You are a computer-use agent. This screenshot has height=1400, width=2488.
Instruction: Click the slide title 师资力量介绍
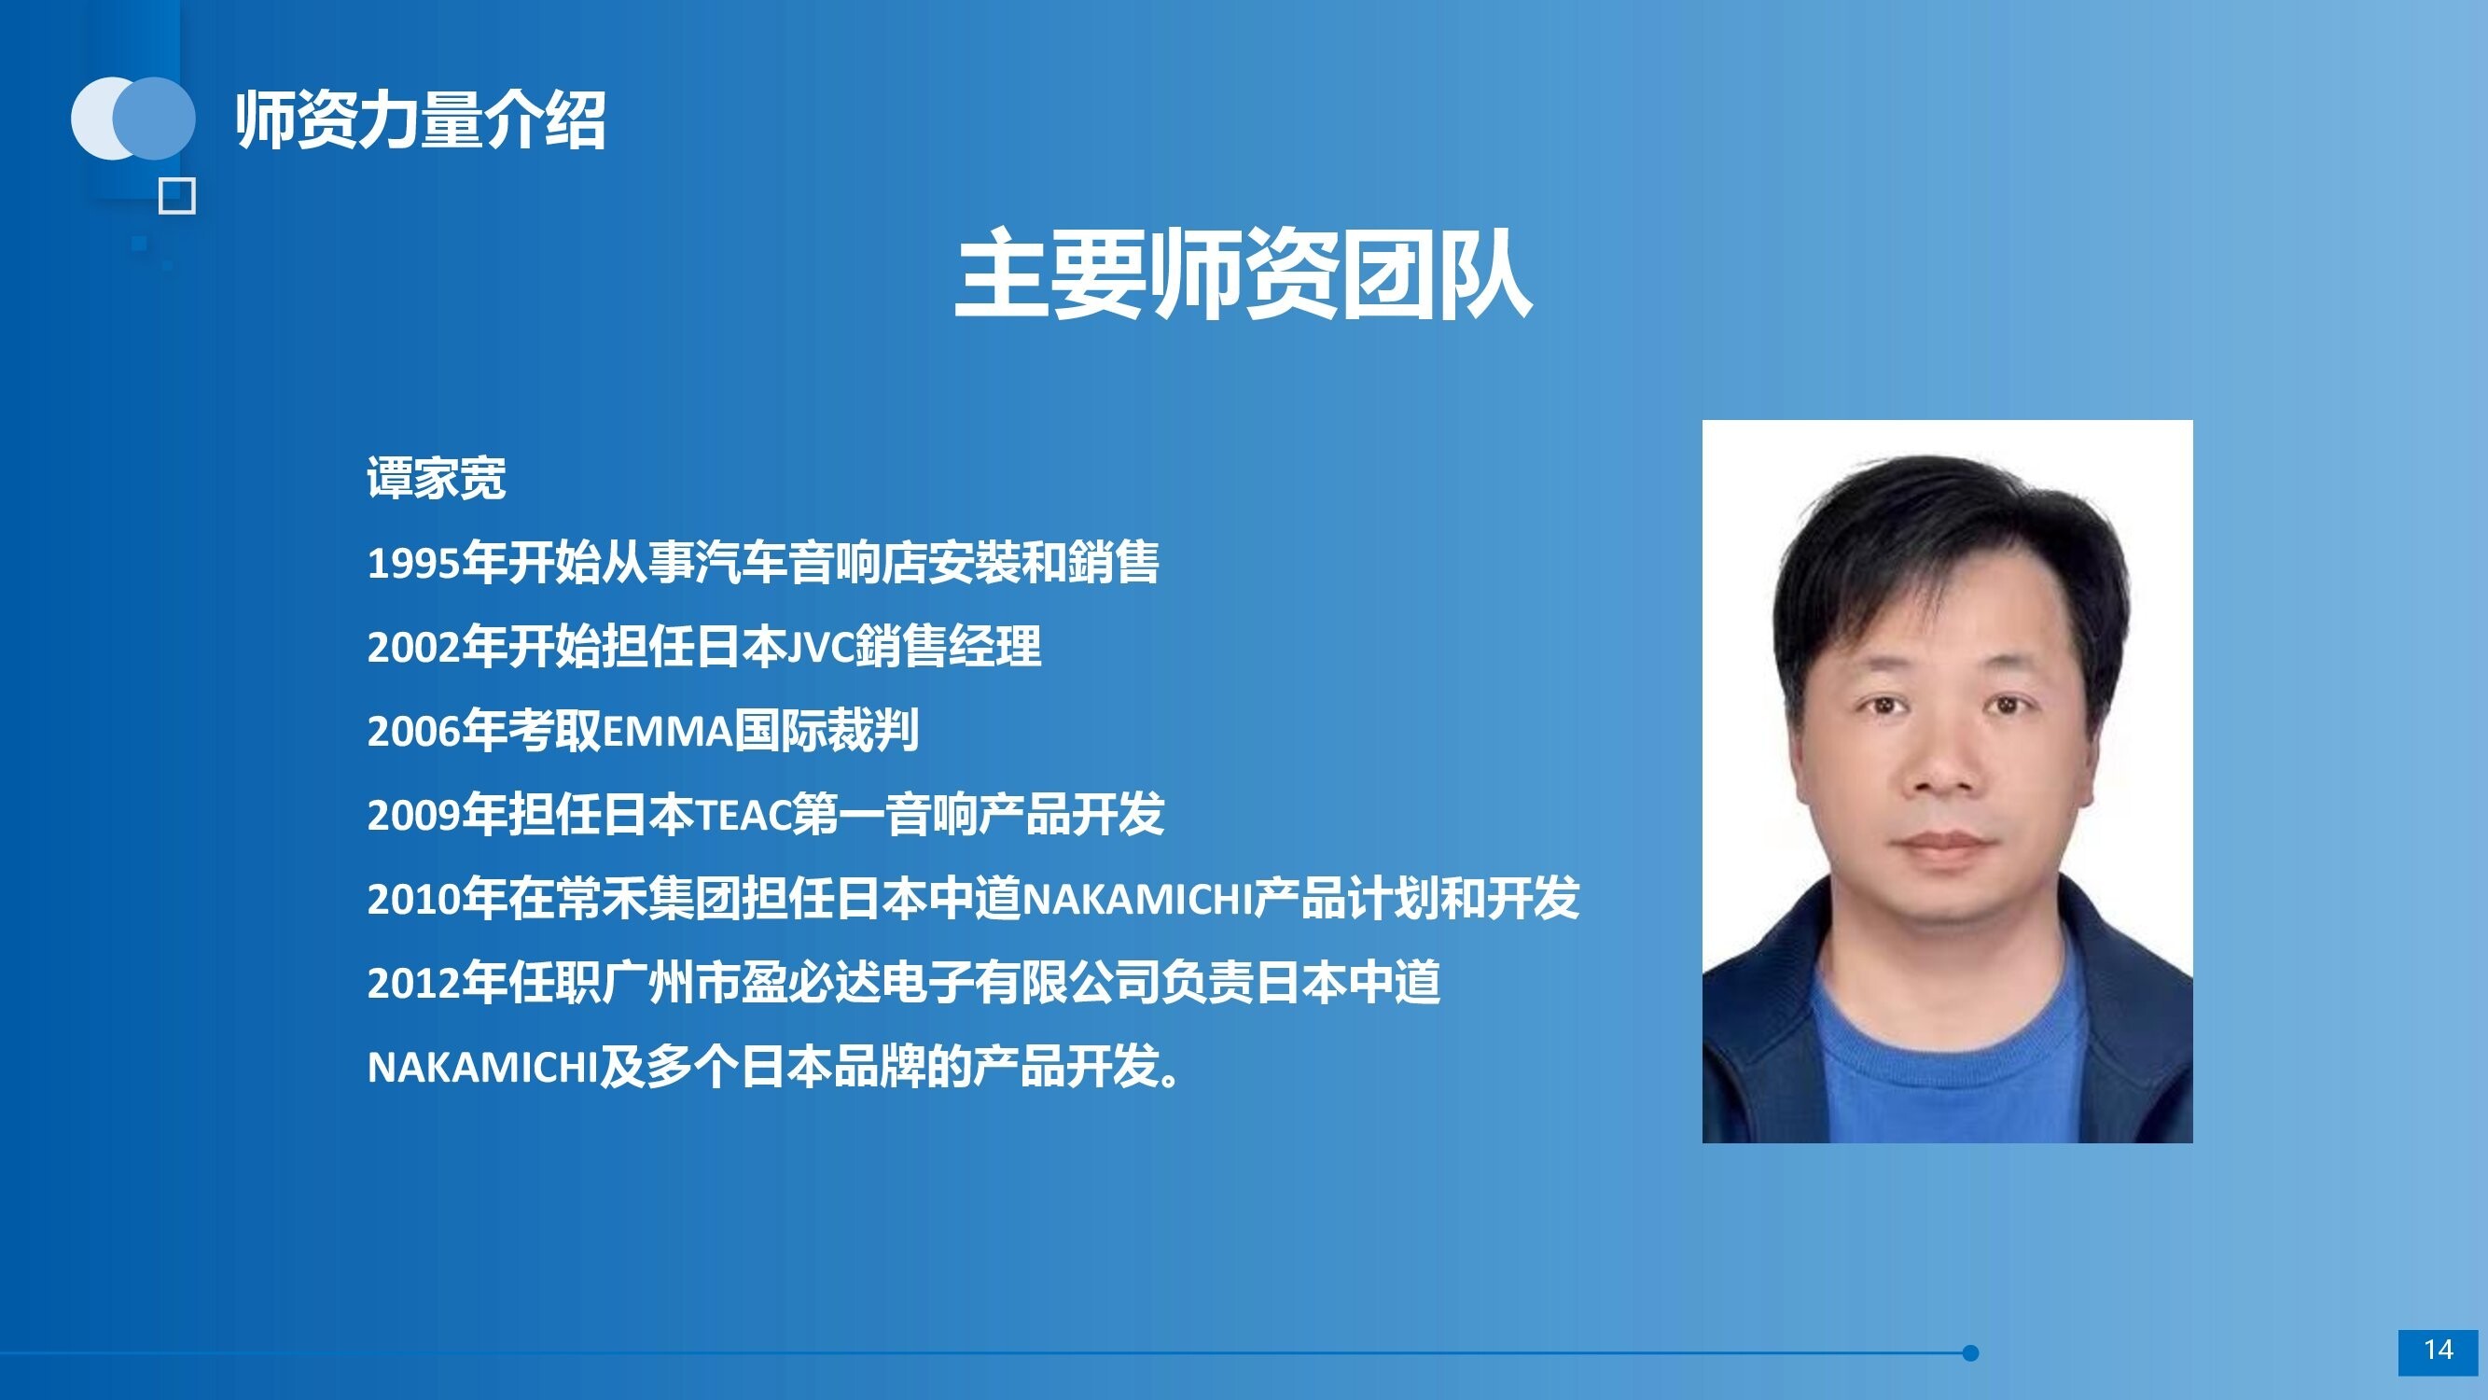coord(420,119)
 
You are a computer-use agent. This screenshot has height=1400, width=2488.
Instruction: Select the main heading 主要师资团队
coord(1243,273)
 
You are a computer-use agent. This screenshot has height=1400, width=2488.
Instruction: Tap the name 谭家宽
coord(437,477)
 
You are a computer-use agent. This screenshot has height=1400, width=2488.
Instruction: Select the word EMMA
coord(667,732)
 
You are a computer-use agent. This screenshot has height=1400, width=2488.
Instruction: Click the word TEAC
coord(743,816)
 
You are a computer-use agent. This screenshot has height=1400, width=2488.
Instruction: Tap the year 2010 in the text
coord(413,900)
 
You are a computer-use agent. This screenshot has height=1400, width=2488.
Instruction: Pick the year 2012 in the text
coord(413,984)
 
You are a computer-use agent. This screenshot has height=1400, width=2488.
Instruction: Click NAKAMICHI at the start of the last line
coord(483,1068)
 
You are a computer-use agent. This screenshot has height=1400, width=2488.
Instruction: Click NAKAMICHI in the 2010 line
coord(1138,900)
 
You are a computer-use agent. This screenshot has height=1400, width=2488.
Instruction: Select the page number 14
coord(2438,1350)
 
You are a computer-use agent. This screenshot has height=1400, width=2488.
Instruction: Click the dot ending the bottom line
coord(1970,1352)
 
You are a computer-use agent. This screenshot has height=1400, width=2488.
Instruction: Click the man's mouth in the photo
coord(1944,844)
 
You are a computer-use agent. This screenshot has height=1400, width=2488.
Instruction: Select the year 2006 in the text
coord(413,732)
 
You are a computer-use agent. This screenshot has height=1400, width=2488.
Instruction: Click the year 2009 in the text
coord(413,816)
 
